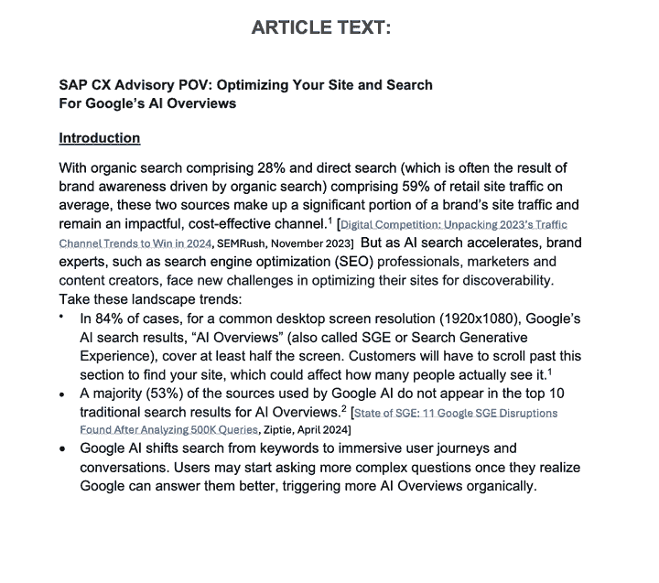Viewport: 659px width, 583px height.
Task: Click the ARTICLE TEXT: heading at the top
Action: coord(320,27)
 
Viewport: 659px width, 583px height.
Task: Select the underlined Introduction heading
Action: coord(100,138)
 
